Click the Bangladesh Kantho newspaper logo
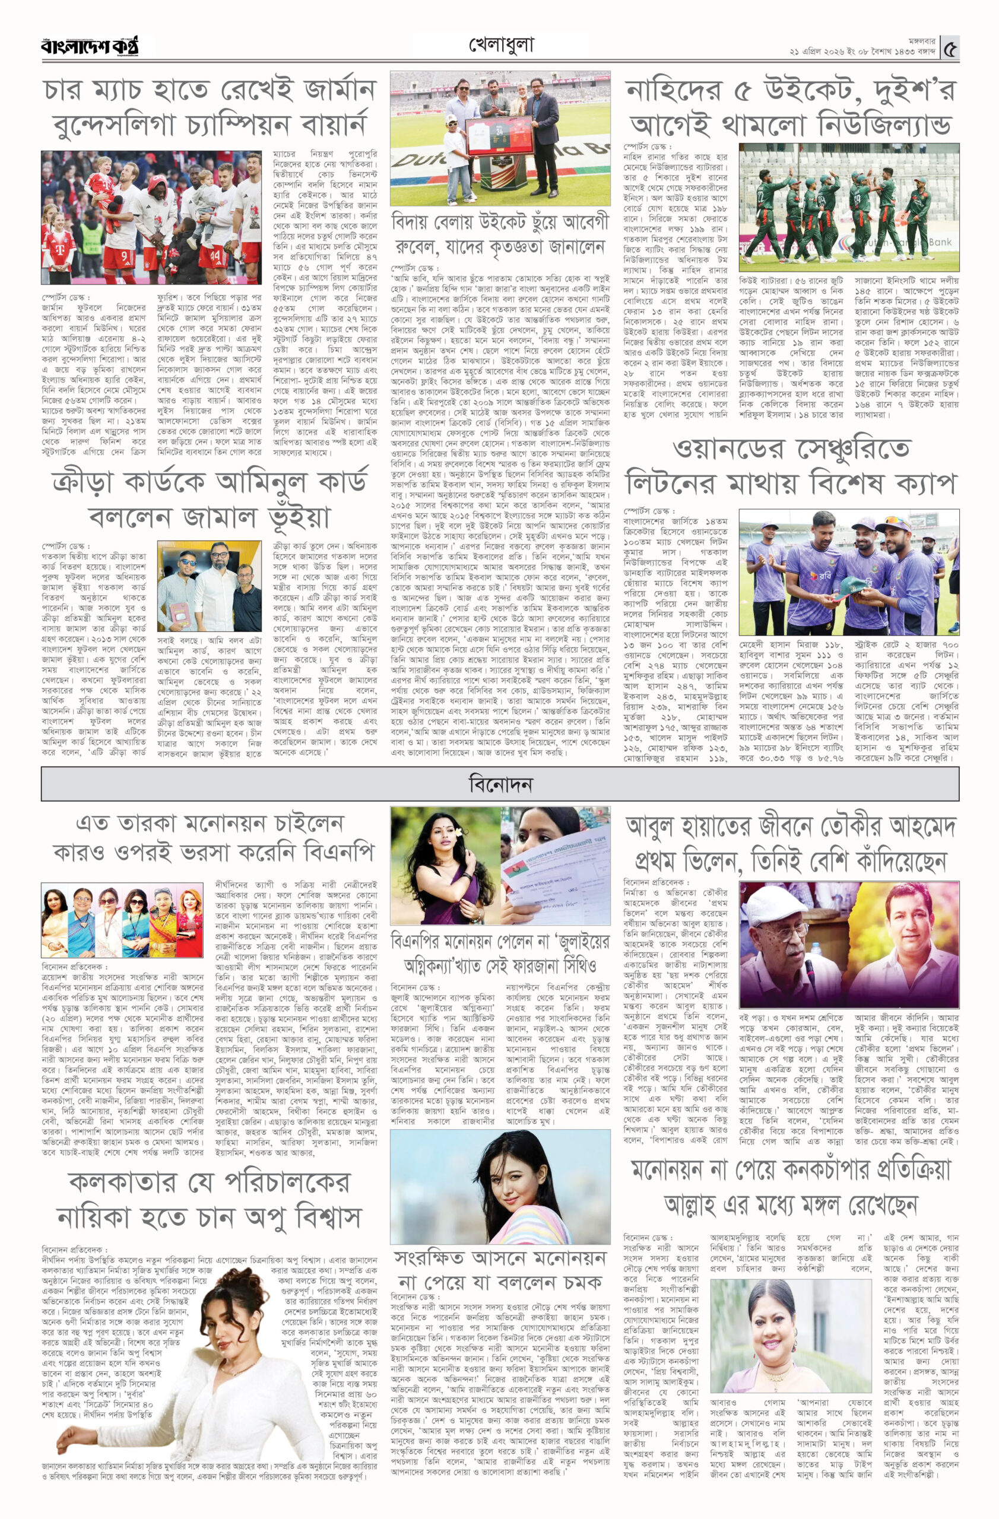click(x=90, y=46)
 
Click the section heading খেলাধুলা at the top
click(x=500, y=45)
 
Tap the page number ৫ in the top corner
click(x=951, y=48)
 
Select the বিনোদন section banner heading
click(x=500, y=784)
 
